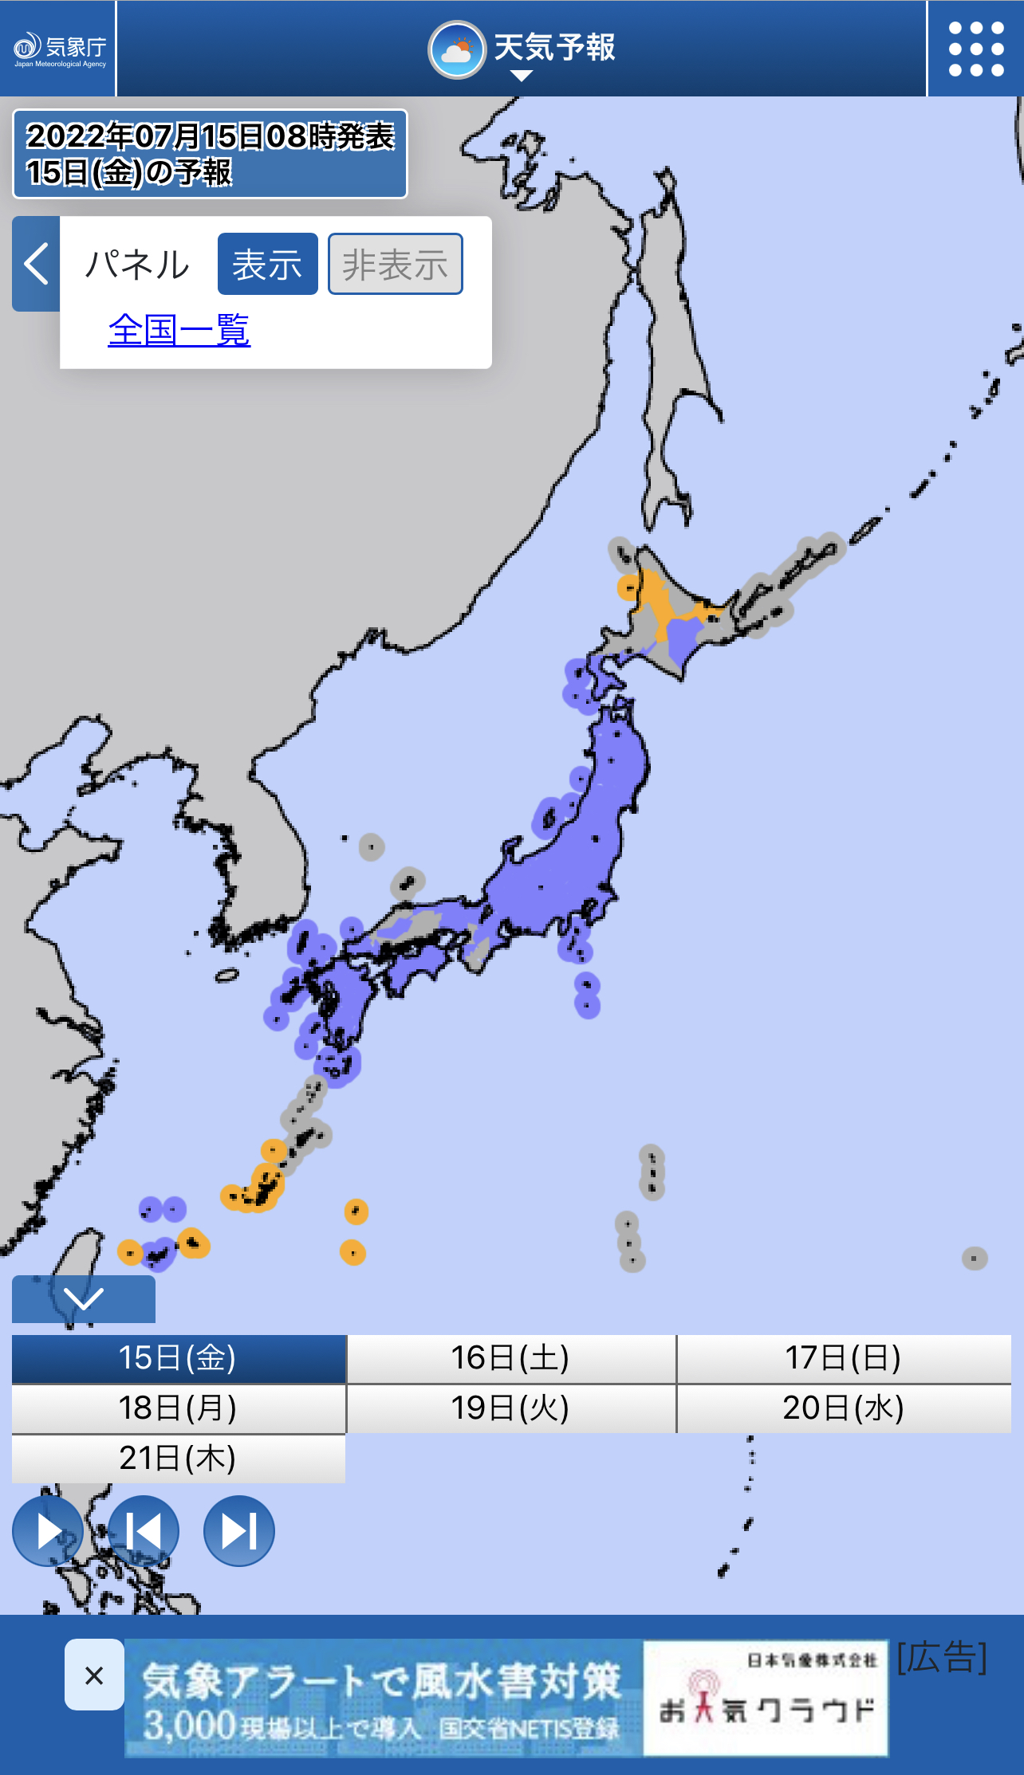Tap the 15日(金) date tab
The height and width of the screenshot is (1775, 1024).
[179, 1358]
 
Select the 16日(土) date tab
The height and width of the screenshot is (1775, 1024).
[510, 1358]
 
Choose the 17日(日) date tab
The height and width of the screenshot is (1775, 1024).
[844, 1358]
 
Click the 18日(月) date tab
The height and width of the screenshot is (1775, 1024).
[179, 1408]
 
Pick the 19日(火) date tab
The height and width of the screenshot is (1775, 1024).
[510, 1408]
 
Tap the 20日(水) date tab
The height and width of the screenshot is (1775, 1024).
[844, 1408]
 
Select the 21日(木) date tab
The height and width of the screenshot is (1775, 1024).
[179, 1459]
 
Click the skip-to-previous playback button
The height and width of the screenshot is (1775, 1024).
[144, 1530]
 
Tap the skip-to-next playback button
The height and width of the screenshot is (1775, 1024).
[239, 1530]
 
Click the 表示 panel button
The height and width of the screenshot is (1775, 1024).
[267, 264]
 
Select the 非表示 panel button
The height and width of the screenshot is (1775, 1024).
[395, 264]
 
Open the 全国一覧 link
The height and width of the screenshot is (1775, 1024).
[179, 330]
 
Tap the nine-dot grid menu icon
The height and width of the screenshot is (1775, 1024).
[975, 49]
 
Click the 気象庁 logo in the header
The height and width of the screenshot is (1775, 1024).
[59, 49]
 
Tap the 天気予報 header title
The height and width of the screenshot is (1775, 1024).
[522, 49]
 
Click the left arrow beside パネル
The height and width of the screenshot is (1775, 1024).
[36, 264]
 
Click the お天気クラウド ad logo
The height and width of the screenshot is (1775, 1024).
[766, 1698]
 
